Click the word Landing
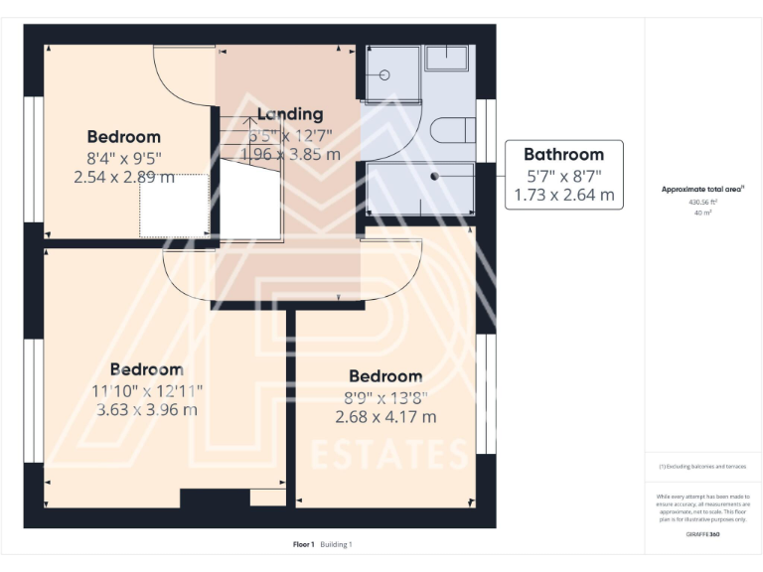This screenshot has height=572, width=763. [289, 114]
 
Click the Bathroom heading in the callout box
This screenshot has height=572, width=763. [563, 154]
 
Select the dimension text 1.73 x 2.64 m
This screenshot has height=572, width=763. [563, 196]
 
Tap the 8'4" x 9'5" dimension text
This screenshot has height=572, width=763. [123, 157]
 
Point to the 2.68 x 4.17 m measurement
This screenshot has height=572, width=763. [385, 417]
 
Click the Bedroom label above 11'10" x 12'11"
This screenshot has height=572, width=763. [146, 369]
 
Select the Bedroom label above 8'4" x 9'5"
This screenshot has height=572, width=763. [123, 136]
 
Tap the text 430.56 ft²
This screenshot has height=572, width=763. [702, 202]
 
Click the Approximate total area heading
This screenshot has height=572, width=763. [702, 189]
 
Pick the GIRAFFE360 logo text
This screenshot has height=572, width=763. [702, 534]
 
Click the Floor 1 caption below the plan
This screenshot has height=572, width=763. [303, 544]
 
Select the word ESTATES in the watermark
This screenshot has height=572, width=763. [388, 454]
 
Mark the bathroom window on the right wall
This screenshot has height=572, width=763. [487, 131]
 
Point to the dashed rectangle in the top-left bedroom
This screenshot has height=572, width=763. [174, 205]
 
